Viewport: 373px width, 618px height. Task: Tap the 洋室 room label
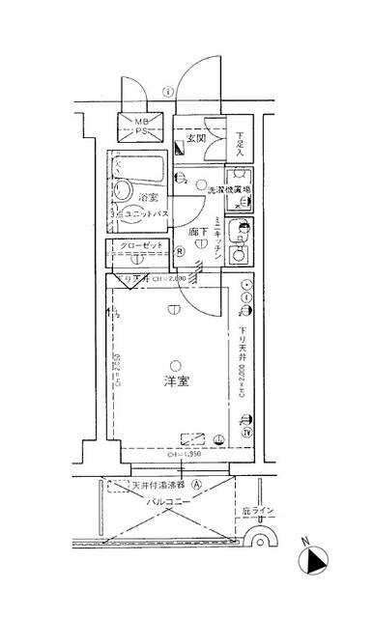175,381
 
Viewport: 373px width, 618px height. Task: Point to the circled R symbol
181,251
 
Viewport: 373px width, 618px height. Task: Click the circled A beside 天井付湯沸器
197,487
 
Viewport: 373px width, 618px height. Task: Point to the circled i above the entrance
169,93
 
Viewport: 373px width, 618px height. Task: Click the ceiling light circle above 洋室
175,363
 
